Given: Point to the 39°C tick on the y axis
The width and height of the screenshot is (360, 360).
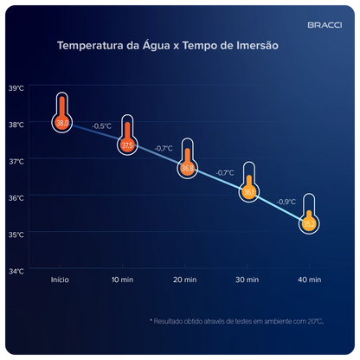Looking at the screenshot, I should click(17, 87).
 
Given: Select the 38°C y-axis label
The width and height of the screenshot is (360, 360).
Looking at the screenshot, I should click(17, 124).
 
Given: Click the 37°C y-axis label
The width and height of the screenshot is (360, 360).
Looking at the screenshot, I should click(17, 160).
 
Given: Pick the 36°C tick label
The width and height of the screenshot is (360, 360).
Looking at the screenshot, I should click(17, 197).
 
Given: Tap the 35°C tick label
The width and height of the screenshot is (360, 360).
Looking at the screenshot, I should click(17, 234).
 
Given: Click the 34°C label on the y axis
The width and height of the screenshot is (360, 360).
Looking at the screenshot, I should click(17, 270).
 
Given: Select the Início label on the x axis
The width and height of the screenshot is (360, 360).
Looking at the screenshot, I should click(60, 280).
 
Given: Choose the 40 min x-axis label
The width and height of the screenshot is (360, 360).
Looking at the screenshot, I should click(309, 280).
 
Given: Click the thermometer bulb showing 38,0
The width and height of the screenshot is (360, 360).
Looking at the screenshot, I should click(62, 124).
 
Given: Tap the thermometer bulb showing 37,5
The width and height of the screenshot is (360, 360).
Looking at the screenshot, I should click(127, 145).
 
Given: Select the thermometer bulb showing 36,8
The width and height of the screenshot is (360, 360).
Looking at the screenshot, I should click(188, 169).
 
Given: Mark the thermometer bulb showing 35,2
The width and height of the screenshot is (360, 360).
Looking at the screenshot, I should click(309, 224).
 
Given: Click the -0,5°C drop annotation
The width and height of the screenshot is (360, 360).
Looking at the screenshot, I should click(101, 126).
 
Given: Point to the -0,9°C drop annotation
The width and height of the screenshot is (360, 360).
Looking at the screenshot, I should click(286, 202).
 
